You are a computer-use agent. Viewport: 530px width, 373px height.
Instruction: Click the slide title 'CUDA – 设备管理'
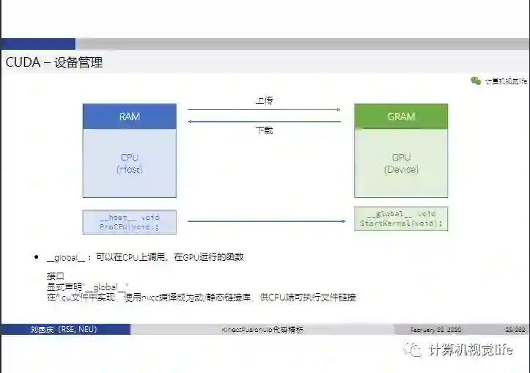54,63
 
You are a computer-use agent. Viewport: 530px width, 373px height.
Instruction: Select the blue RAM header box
129,117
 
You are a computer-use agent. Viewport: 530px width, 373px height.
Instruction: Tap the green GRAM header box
400,117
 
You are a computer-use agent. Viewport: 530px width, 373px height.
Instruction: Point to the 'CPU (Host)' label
129,163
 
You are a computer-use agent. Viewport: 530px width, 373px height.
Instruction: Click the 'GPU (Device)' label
400,163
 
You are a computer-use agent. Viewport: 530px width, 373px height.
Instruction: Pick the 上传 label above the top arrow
264,100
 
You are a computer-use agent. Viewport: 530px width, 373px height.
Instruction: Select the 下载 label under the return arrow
264,130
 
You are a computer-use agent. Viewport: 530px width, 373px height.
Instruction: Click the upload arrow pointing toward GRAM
264,110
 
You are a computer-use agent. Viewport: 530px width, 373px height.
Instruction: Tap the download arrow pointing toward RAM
264,121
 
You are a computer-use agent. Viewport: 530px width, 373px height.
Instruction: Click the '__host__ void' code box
129,221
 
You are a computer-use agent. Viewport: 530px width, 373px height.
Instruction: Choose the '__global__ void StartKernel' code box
400,219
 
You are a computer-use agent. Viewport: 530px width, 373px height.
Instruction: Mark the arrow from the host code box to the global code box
265,221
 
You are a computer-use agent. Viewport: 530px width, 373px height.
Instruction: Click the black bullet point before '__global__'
36,258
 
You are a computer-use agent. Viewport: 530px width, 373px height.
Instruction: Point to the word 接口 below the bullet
56,276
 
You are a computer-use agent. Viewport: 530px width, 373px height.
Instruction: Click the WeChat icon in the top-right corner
476,81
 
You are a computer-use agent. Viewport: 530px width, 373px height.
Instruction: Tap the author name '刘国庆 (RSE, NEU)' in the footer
63,330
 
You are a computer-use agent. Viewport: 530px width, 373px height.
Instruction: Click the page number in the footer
515,330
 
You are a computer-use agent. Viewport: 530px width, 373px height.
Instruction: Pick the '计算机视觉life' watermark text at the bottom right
471,350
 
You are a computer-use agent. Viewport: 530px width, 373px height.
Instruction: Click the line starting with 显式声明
88,287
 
